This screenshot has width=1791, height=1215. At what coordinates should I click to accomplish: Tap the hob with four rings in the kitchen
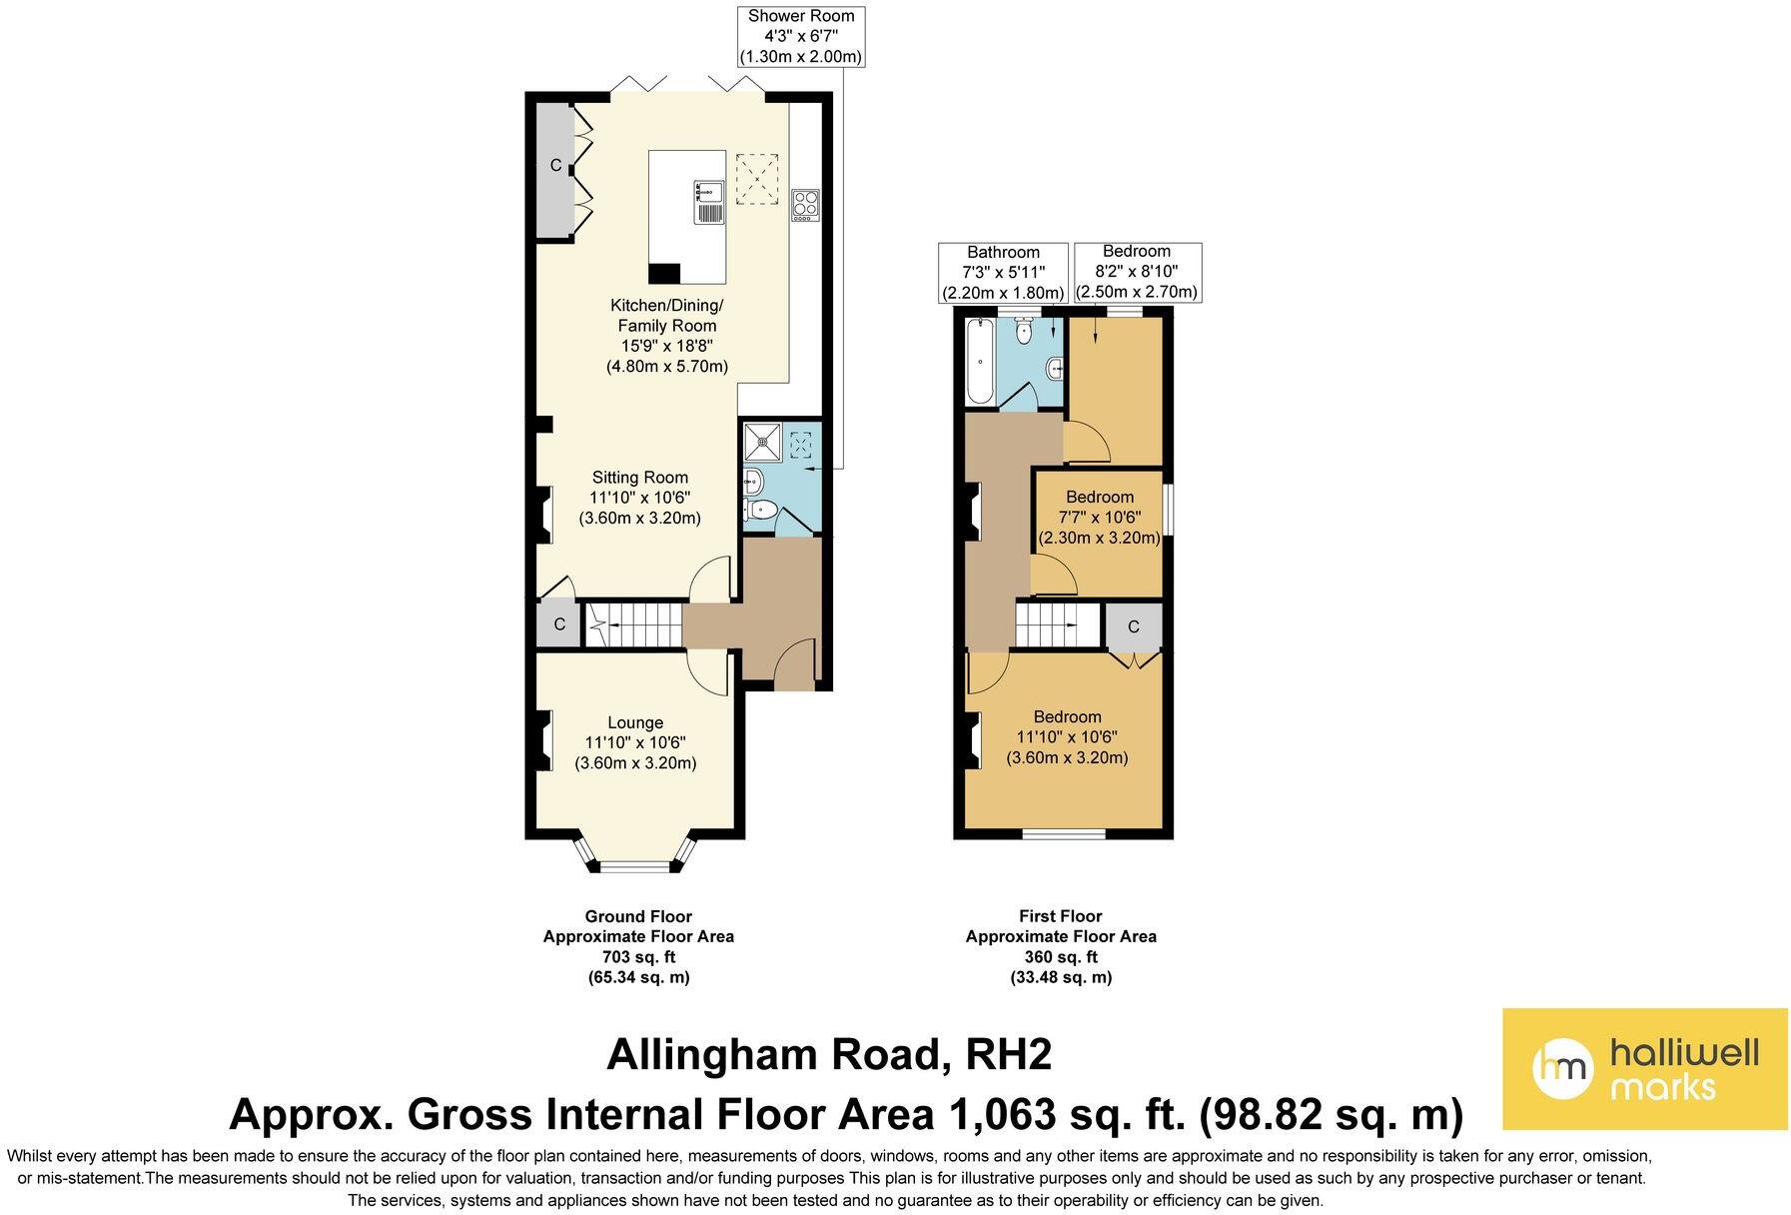click(x=805, y=205)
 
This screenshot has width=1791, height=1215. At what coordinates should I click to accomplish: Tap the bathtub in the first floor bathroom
click(x=979, y=361)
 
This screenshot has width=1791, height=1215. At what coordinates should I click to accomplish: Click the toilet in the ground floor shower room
click(x=761, y=511)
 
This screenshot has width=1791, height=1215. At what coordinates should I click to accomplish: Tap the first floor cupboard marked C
click(x=1133, y=627)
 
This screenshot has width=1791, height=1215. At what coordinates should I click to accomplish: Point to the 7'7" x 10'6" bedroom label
click(x=1099, y=518)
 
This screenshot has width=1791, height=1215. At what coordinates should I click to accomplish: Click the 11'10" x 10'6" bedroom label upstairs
click(x=1067, y=737)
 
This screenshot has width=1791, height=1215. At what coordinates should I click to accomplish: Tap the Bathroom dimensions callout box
click(x=1003, y=272)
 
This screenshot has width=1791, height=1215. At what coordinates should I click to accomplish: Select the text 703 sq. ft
click(x=638, y=957)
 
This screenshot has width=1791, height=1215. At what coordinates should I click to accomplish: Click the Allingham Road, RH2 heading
click(x=829, y=1054)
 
